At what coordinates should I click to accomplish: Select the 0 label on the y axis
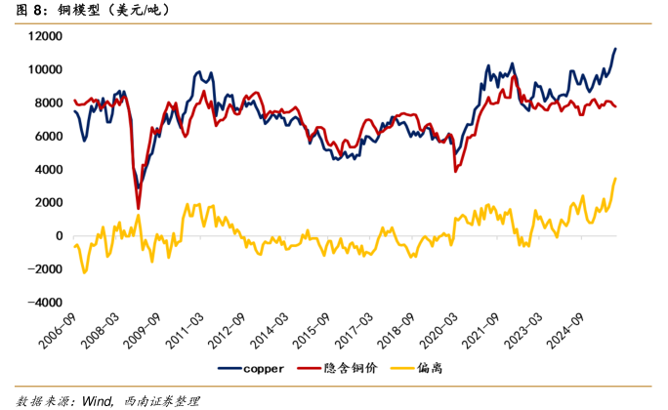[x=59, y=236]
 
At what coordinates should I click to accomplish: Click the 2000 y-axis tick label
[x=49, y=203]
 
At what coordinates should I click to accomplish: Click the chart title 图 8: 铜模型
[x=88, y=11]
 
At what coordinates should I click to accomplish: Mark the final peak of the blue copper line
[x=615, y=48]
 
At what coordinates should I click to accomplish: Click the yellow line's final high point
[x=615, y=178]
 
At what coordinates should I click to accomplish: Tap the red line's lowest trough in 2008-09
[x=138, y=208]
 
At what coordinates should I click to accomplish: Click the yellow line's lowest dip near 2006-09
[x=84, y=272]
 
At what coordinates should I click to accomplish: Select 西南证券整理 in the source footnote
[x=160, y=400]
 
